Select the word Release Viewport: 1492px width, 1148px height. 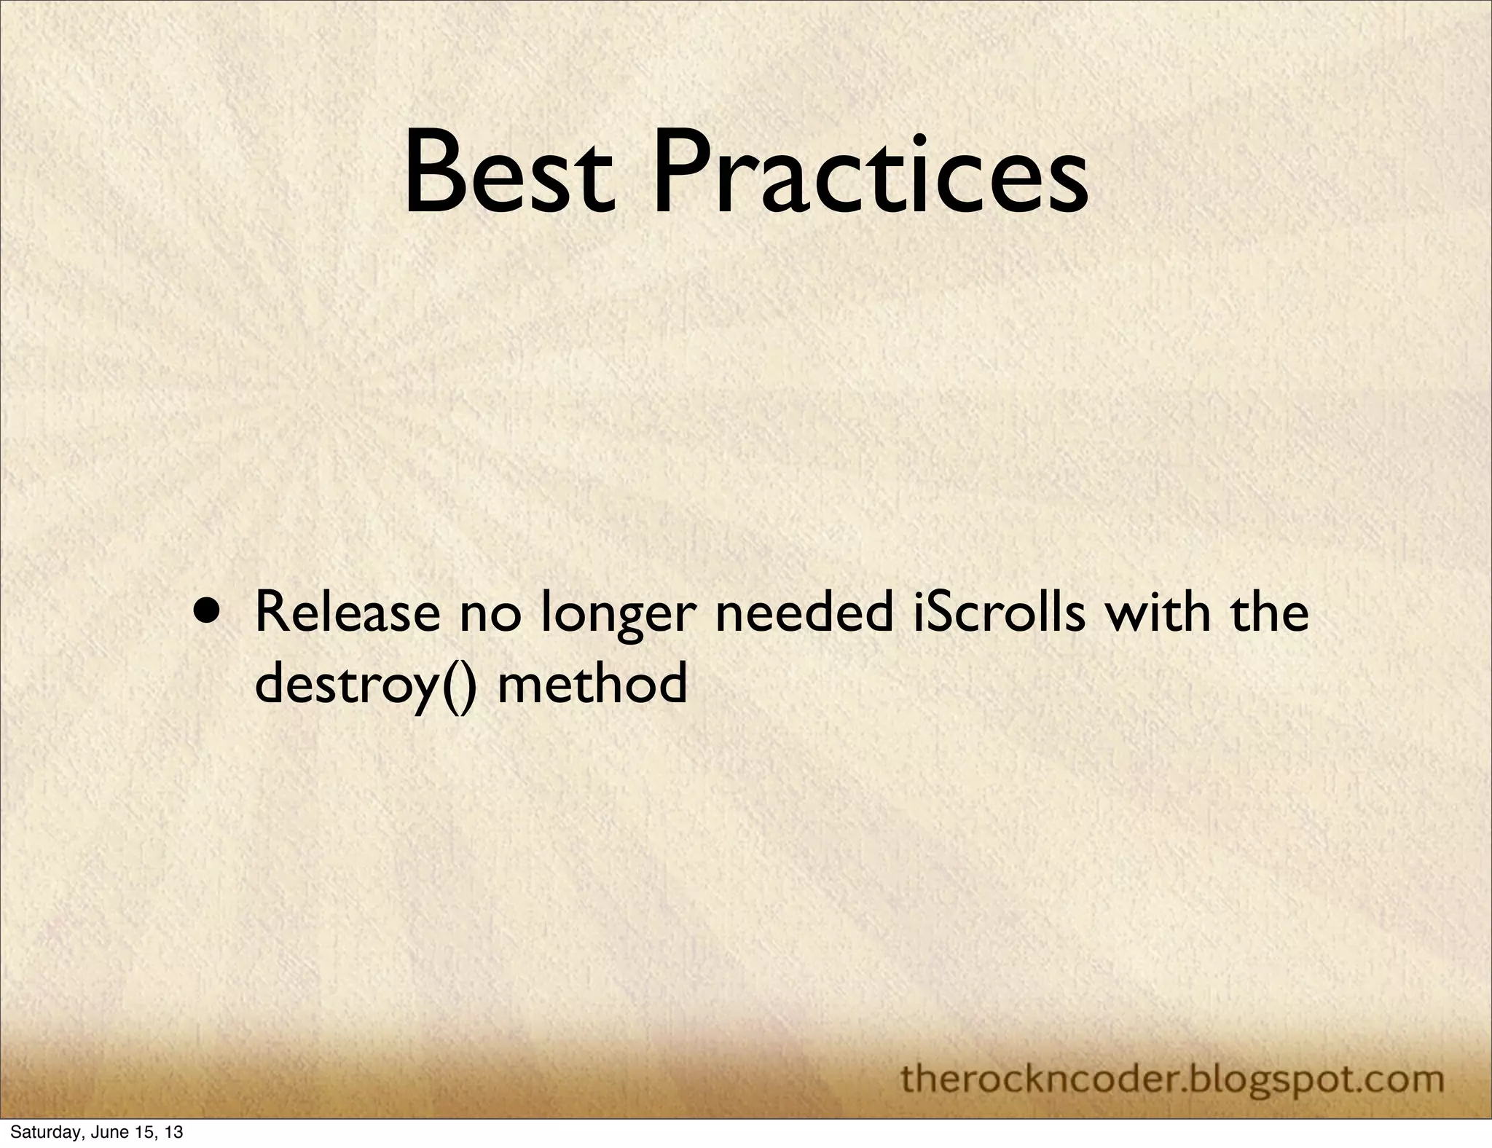(x=347, y=613)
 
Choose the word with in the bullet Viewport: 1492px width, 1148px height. (x=1157, y=613)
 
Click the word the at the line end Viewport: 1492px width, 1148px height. (x=1268, y=613)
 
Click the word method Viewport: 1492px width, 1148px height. (x=592, y=685)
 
